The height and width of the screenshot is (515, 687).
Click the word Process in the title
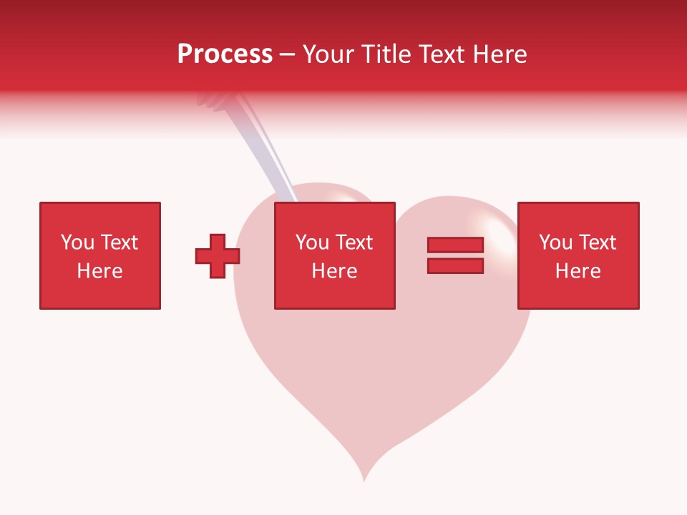(225, 54)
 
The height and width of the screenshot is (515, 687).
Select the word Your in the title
(330, 54)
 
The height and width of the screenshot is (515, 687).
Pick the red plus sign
(217, 255)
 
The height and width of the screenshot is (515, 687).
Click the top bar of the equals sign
(455, 245)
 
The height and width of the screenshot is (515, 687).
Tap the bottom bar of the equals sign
(455, 265)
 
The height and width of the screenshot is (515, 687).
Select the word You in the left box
(77, 242)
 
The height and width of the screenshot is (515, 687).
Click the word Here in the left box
(99, 271)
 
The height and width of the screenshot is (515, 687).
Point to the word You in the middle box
(312, 242)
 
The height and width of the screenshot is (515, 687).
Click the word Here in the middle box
(334, 271)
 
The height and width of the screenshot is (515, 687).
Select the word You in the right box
(555, 242)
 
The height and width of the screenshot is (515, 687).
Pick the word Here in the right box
(578, 271)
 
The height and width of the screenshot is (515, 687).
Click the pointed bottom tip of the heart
(364, 478)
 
